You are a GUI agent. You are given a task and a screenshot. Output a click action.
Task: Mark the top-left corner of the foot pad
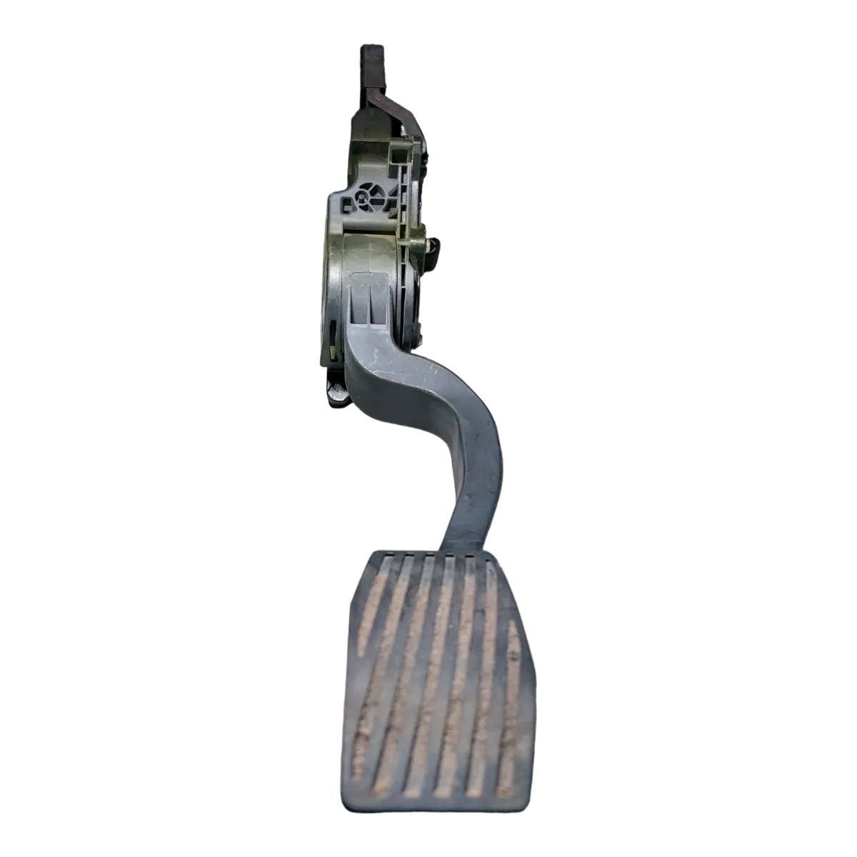(371, 553)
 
